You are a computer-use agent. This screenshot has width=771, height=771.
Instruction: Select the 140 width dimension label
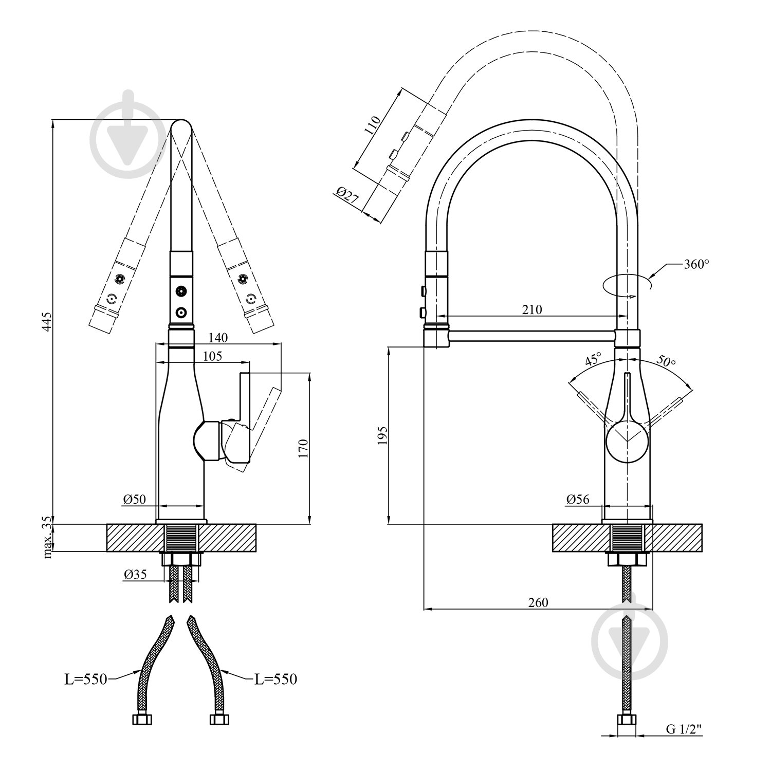(218, 338)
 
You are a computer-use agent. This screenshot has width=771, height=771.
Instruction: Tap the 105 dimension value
(212, 356)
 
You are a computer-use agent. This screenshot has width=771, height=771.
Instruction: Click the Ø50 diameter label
(135, 499)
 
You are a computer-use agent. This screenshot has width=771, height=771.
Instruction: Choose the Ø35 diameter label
(135, 575)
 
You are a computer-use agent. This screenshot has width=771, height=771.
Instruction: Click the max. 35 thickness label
(48, 538)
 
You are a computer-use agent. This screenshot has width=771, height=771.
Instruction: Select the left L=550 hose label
(85, 679)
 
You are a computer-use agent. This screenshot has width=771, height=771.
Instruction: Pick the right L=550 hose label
(276, 679)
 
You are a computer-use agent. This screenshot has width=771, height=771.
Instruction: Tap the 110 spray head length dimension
(373, 125)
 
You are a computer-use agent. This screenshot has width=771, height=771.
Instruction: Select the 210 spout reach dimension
(532, 309)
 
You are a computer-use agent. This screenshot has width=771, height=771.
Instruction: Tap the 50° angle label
(666, 361)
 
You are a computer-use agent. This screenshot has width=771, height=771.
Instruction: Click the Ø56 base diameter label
(578, 499)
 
